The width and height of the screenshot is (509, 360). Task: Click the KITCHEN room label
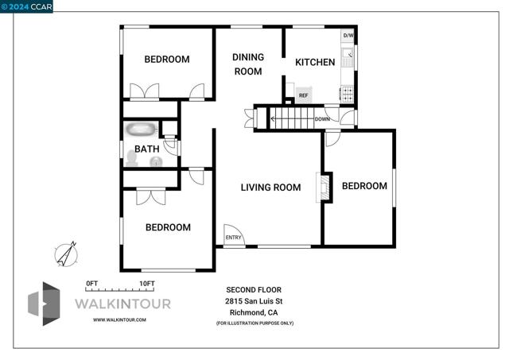point(315,62)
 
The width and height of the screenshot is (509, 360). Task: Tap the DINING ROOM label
point(248,64)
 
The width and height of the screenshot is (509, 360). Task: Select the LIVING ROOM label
point(270,188)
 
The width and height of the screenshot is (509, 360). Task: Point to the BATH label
point(146,149)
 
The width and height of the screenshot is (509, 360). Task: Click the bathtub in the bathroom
point(142,130)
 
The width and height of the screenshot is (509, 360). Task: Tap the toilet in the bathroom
point(132,159)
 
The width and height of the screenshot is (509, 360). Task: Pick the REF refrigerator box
point(304,95)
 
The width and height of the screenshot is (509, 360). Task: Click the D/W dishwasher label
point(348,35)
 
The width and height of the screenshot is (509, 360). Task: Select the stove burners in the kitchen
point(348,94)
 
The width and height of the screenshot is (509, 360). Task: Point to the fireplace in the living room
point(324,188)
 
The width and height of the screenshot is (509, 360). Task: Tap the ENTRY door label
point(233,238)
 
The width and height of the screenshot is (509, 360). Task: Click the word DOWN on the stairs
point(322,119)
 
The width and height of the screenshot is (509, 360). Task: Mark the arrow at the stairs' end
point(273,119)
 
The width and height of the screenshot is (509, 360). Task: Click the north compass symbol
point(66,254)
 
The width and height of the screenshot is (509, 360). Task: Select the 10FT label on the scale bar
point(147,284)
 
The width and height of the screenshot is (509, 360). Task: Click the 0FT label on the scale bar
point(92,284)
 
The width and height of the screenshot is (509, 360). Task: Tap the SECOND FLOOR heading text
point(254,289)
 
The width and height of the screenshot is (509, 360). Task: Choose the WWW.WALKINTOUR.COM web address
point(119,319)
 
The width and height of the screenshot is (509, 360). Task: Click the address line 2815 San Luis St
point(254,301)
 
